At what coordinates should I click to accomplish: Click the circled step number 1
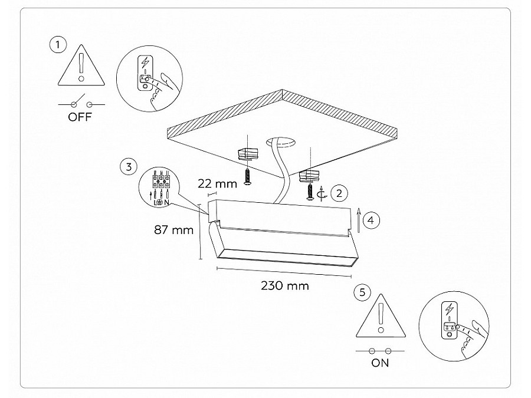[x=58, y=44]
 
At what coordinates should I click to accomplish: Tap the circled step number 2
[x=339, y=193]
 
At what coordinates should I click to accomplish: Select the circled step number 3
[x=129, y=167]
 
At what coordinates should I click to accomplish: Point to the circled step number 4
[x=371, y=221]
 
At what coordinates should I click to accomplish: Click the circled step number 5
[x=362, y=292]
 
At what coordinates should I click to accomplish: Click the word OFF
[x=80, y=117]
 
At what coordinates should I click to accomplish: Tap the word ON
[x=380, y=363]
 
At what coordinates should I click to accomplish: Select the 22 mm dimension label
[x=217, y=184]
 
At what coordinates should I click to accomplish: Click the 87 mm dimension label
[x=173, y=230]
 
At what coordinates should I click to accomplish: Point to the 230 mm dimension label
[x=285, y=286]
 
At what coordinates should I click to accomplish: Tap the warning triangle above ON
[x=381, y=316]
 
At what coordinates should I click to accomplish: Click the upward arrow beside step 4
[x=359, y=221]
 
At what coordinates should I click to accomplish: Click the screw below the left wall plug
[x=248, y=177]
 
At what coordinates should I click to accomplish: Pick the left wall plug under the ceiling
[x=248, y=154]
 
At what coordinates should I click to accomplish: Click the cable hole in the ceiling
[x=280, y=142]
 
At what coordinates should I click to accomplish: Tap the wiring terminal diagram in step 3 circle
[x=159, y=188]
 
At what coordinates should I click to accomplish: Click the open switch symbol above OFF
[x=81, y=103]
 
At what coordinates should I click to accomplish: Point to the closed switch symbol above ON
[x=380, y=351]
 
